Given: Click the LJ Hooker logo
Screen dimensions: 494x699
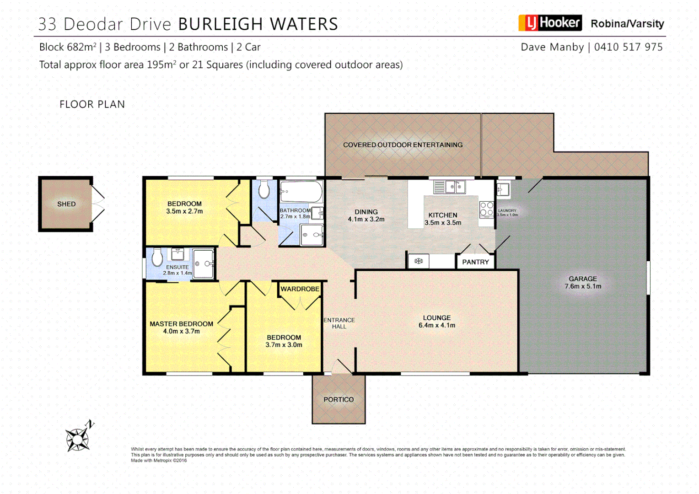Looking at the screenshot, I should click(x=550, y=23).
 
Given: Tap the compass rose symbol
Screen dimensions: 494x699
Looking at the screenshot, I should click(x=78, y=439).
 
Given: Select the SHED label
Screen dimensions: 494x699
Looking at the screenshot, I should click(x=66, y=204).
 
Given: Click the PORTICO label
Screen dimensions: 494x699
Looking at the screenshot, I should click(x=339, y=399).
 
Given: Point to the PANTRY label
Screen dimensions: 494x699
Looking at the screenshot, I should click(x=475, y=262).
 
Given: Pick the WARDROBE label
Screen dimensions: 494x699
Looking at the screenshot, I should click(x=300, y=289).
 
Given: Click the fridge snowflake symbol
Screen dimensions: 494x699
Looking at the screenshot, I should click(x=418, y=261).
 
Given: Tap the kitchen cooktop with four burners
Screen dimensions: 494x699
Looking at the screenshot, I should click(x=486, y=209).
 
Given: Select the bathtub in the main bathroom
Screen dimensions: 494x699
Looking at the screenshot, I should click(x=301, y=192).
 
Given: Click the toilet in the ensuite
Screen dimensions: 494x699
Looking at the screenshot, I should click(x=157, y=257).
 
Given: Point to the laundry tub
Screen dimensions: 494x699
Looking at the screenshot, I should click(x=503, y=189).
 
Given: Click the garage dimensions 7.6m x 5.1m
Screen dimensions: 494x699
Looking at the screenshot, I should click(x=583, y=286).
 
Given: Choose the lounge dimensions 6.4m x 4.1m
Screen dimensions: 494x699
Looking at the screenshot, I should click(x=437, y=325).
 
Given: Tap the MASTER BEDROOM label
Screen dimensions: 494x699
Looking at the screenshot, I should click(x=181, y=324).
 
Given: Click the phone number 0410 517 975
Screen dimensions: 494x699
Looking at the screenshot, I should click(x=628, y=47).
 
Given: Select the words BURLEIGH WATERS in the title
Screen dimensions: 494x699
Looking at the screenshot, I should click(x=258, y=24).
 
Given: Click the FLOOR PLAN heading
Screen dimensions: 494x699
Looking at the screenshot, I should click(x=92, y=104).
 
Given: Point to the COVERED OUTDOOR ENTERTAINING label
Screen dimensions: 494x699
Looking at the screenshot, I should click(x=403, y=145).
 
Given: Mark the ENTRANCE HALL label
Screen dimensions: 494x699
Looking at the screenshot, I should click(x=339, y=323).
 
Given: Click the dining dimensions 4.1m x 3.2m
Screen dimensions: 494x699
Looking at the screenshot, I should click(x=366, y=219).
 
